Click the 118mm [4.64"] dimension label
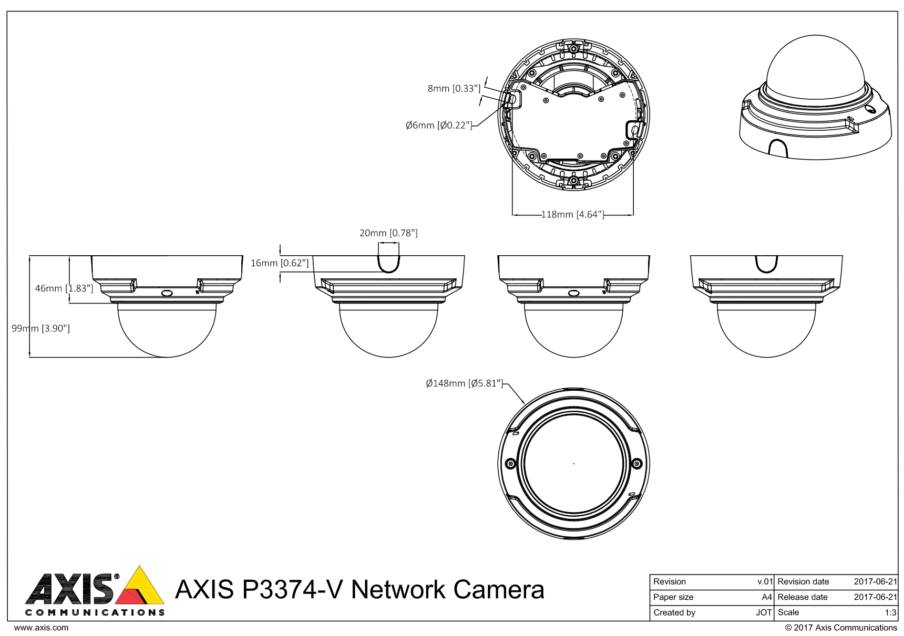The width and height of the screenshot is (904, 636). [572, 214]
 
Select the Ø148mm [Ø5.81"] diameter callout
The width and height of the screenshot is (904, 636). [464, 383]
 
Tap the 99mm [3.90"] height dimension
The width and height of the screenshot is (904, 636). [41, 328]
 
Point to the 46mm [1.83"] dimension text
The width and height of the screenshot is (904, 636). [64, 288]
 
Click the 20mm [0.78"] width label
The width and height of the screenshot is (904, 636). [388, 233]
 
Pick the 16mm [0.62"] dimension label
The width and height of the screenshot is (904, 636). [280, 263]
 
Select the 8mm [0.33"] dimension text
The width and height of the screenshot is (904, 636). [454, 88]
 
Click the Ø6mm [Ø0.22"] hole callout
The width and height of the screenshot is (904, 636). [438, 125]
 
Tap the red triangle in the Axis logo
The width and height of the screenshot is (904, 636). [130, 597]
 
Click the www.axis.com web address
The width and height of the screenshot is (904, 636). [41, 627]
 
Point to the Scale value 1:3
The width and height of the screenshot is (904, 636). [890, 612]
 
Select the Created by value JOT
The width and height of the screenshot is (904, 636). [764, 612]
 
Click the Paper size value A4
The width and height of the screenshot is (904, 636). [767, 597]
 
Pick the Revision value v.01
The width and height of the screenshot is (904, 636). [765, 581]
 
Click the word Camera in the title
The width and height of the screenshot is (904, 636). [499, 589]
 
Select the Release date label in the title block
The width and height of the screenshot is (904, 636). [803, 597]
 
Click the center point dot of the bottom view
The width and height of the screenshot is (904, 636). [573, 464]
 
